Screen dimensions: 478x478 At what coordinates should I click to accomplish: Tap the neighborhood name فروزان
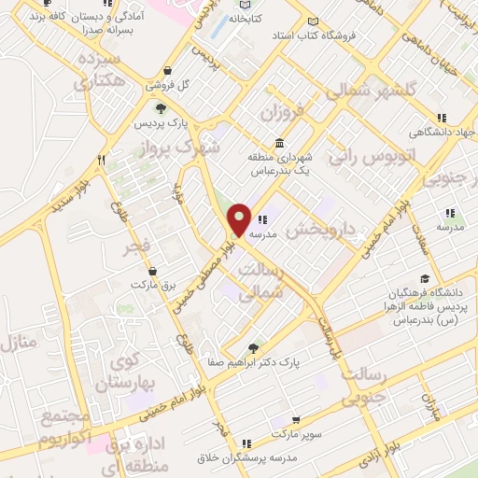point(283,117)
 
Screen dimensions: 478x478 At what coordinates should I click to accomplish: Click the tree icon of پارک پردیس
point(162,110)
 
